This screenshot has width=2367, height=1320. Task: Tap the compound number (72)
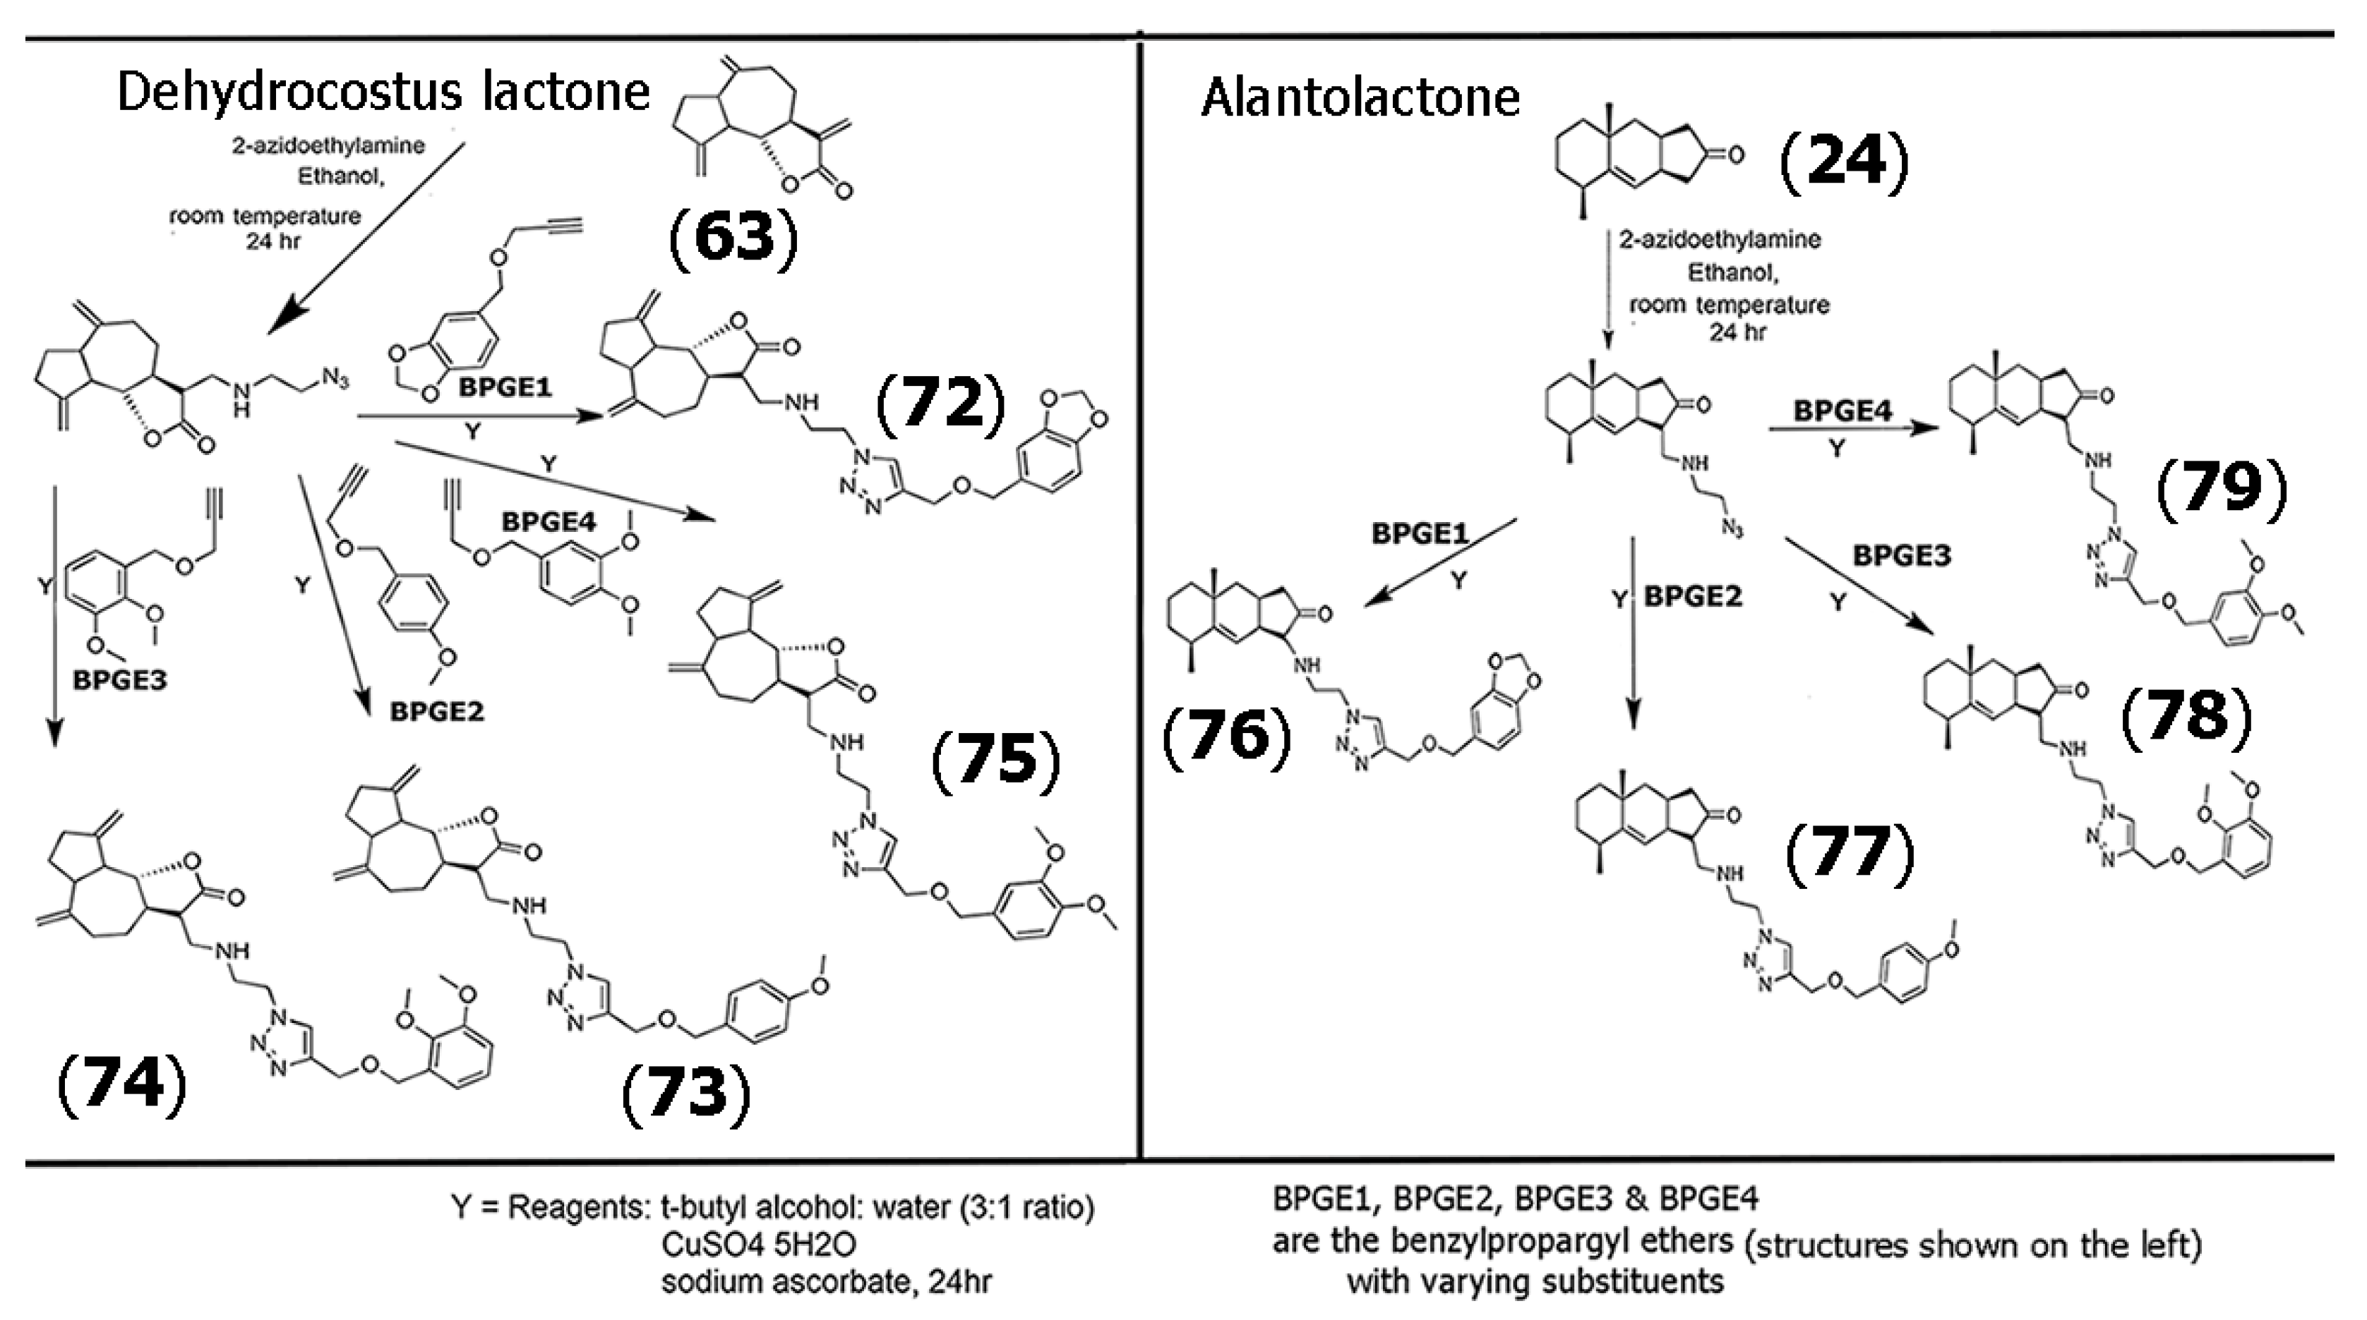pyautogui.click(x=941, y=404)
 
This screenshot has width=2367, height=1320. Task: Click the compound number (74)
pyautogui.click(x=122, y=1084)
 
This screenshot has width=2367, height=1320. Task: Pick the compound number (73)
pyautogui.click(x=686, y=1094)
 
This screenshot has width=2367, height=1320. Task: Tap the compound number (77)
pyautogui.click(x=1850, y=852)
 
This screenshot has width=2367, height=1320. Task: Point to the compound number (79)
pyautogui.click(x=2221, y=488)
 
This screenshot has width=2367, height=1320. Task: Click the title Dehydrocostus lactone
pyautogui.click(x=383, y=92)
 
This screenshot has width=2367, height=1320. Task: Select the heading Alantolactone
pyautogui.click(x=1360, y=97)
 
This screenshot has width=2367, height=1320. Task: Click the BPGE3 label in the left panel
pyautogui.click(x=119, y=681)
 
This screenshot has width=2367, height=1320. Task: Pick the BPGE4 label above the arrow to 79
pyautogui.click(x=1842, y=411)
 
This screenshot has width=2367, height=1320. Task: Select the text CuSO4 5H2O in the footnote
pyautogui.click(x=758, y=1245)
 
